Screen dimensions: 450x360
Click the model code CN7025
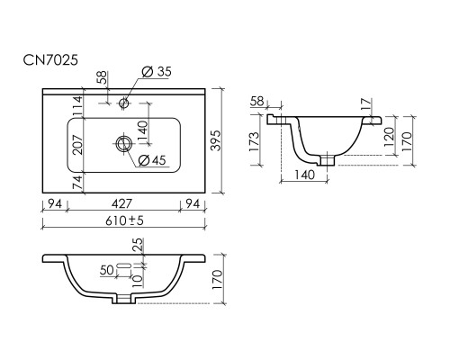pyautogui.click(x=50, y=60)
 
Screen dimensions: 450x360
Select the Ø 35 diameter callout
pyautogui.click(x=157, y=72)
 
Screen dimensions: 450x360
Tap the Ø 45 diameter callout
pyautogui.click(x=152, y=160)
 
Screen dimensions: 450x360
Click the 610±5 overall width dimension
pyautogui.click(x=124, y=220)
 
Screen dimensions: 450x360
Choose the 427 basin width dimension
pyautogui.click(x=121, y=203)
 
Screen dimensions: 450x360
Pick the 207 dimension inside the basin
pyautogui.click(x=77, y=145)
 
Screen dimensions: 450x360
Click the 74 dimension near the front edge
pyautogui.click(x=77, y=183)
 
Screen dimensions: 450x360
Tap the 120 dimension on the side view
pyautogui.click(x=389, y=137)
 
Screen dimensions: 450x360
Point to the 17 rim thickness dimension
pyautogui.click(x=366, y=104)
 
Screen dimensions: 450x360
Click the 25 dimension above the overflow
pyautogui.click(x=139, y=245)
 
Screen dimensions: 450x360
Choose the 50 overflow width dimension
pyautogui.click(x=107, y=270)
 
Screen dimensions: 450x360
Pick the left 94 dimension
pyautogui.click(x=55, y=203)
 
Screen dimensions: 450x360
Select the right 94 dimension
pyautogui.click(x=193, y=203)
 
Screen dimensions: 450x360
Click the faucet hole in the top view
pyautogui.click(x=123, y=103)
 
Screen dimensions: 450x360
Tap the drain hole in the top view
pyautogui.click(x=122, y=143)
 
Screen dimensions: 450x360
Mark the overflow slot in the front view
pyautogui.click(x=124, y=265)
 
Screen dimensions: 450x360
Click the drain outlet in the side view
pyautogui.click(x=327, y=159)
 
